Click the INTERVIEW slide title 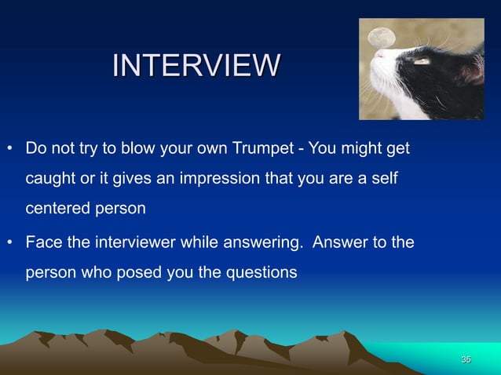click(x=196, y=65)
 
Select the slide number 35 click(x=466, y=359)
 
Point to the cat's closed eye click(x=422, y=61)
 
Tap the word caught click(x=51, y=180)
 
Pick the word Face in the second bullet click(x=43, y=243)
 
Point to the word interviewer click(x=133, y=243)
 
